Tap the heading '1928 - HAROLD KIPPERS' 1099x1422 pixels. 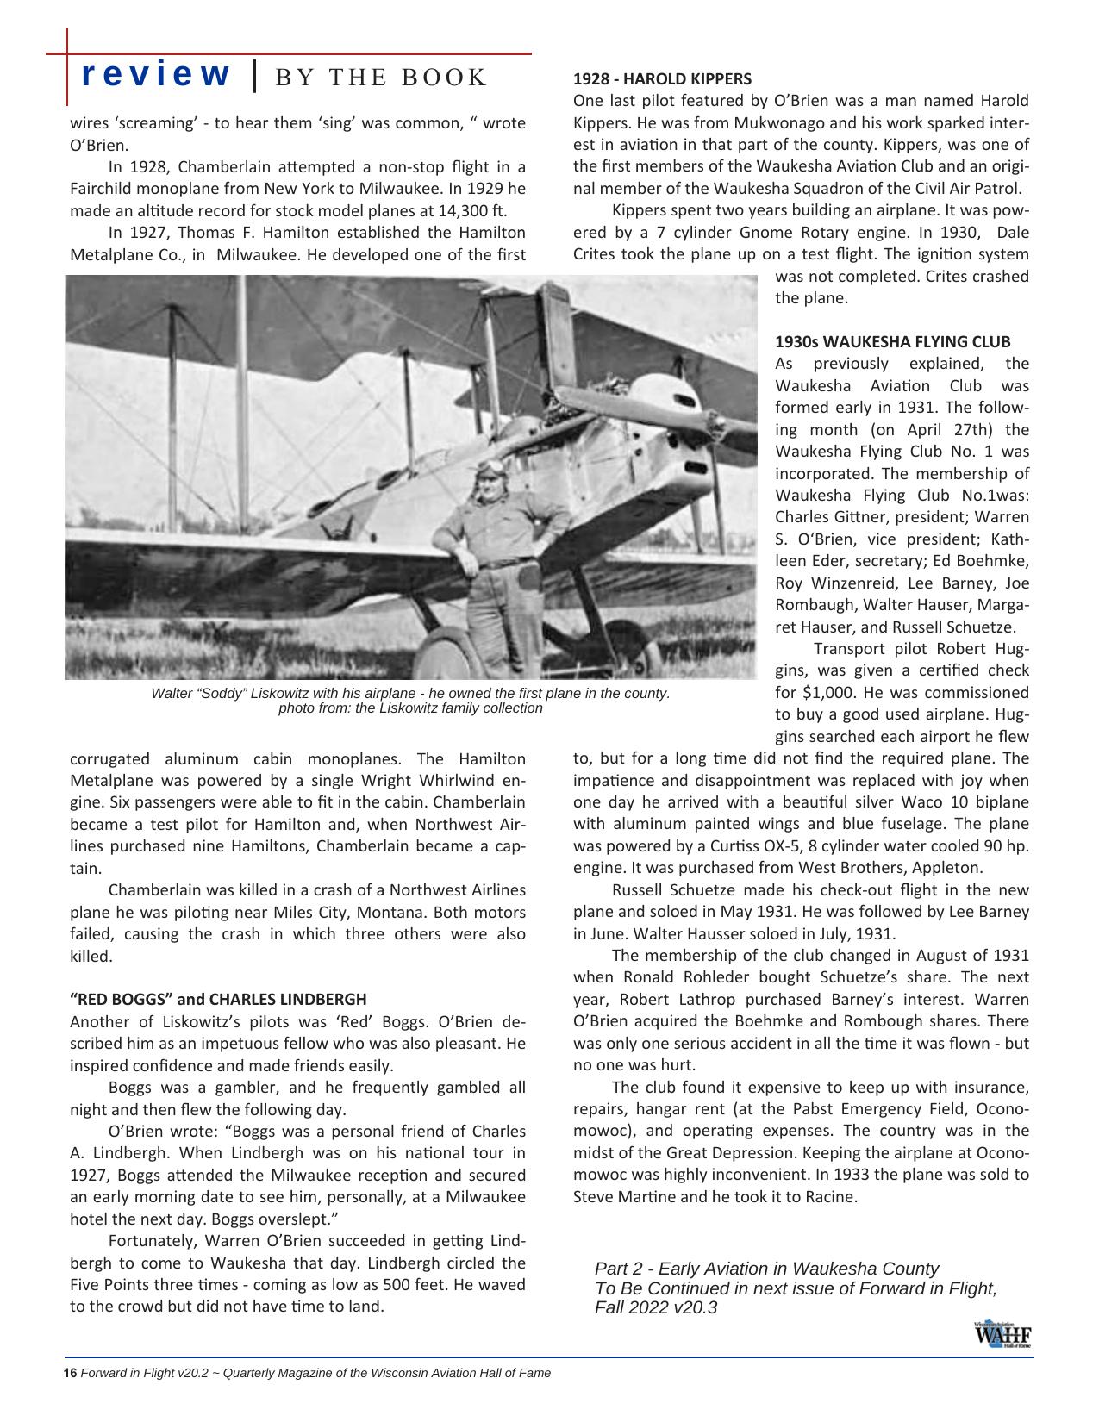[x=662, y=78]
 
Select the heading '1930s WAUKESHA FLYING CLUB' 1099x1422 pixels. [x=893, y=341]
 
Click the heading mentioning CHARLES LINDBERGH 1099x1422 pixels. [x=218, y=999]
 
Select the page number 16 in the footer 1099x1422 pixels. [x=71, y=1373]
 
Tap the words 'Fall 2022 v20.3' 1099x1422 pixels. [x=656, y=1307]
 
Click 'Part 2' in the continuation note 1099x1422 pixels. [x=621, y=1269]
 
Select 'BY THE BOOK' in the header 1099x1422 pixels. [x=380, y=77]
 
